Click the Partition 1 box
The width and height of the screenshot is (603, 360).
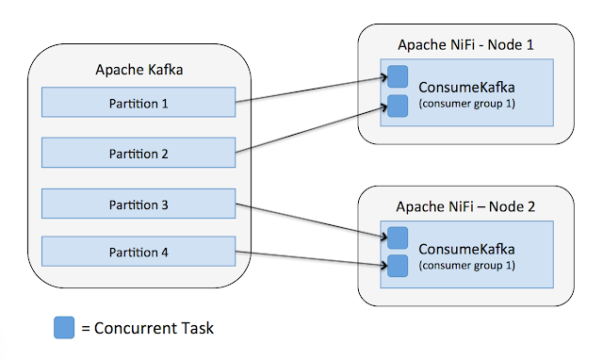click(x=139, y=102)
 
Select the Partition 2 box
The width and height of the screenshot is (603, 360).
click(x=139, y=153)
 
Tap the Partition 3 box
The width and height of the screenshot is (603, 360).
click(x=139, y=204)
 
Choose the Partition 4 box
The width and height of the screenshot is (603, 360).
click(x=139, y=252)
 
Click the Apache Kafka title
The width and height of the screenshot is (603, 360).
click(x=139, y=70)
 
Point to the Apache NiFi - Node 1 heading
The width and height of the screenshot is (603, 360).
click(x=465, y=44)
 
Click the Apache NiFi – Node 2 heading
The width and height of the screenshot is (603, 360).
click(x=465, y=206)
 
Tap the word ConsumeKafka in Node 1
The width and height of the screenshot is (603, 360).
click(x=466, y=88)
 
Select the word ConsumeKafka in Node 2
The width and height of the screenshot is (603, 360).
click(x=466, y=249)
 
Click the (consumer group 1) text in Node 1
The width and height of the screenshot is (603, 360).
click(x=467, y=104)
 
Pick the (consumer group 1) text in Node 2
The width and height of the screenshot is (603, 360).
click(x=467, y=266)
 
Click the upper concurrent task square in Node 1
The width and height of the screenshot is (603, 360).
click(x=398, y=76)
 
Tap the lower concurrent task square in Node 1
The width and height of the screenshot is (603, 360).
click(x=398, y=106)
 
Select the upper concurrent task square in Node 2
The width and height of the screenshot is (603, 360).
click(x=398, y=237)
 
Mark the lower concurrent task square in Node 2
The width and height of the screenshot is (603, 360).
click(x=398, y=266)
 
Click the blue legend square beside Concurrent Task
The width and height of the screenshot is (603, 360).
click(x=64, y=328)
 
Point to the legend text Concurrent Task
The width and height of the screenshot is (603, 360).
click(x=154, y=328)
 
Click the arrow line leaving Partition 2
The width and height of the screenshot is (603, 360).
click(x=311, y=129)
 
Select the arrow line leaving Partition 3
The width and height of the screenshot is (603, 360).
click(x=311, y=221)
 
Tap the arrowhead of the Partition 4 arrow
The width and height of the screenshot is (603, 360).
click(x=384, y=265)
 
